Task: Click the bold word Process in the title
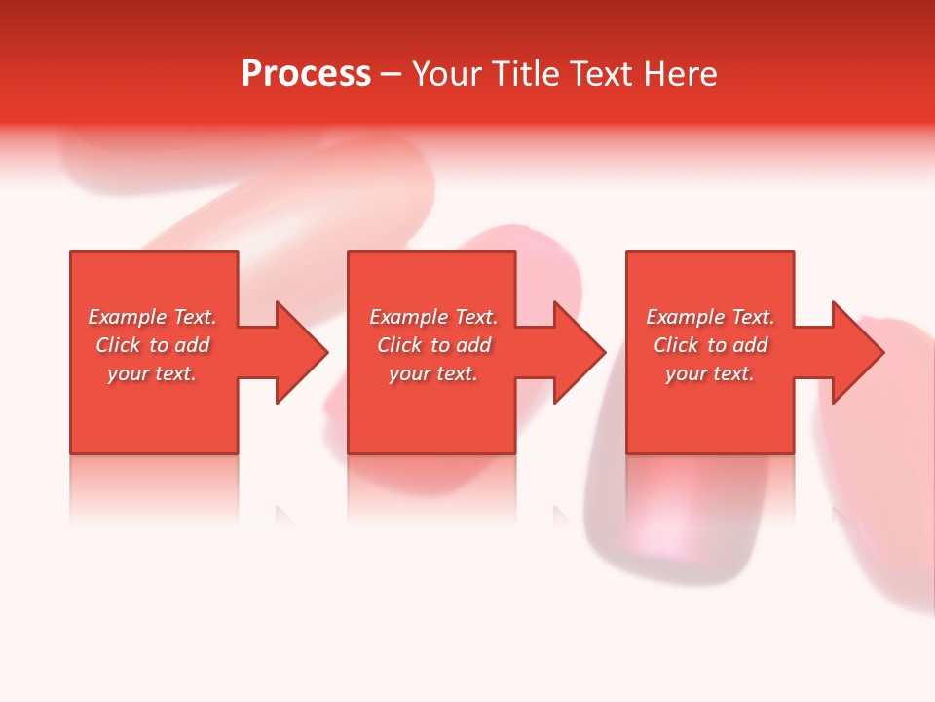pyautogui.click(x=306, y=74)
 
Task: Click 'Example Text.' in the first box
pyautogui.click(x=152, y=317)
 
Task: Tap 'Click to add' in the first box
pyautogui.click(x=152, y=345)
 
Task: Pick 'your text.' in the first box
pyautogui.click(x=152, y=373)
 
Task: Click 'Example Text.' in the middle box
pyautogui.click(x=433, y=317)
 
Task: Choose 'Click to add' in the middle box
pyautogui.click(x=433, y=345)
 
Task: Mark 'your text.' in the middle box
pyautogui.click(x=433, y=373)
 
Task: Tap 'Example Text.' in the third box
pyautogui.click(x=710, y=317)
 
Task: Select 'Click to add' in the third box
pyautogui.click(x=710, y=345)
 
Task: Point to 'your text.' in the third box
pyautogui.click(x=710, y=373)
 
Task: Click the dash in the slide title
pyautogui.click(x=391, y=75)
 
